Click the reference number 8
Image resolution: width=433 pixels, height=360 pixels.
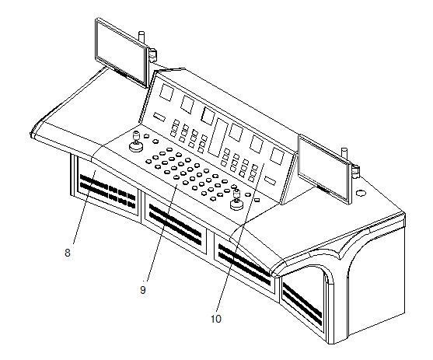click(68, 253)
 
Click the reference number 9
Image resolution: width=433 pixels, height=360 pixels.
click(143, 290)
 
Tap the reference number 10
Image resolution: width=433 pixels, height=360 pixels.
click(216, 319)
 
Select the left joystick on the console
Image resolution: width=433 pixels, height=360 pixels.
click(136, 142)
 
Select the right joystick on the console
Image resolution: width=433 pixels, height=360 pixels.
click(236, 200)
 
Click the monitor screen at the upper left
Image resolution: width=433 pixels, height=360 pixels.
click(121, 53)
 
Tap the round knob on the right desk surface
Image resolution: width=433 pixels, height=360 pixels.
click(361, 193)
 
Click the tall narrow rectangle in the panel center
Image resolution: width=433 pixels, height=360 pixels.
click(218, 138)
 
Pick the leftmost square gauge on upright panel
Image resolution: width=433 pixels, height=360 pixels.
click(167, 92)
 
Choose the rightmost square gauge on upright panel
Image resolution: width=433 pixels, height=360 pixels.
click(277, 156)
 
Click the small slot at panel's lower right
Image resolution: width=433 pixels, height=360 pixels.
click(270, 180)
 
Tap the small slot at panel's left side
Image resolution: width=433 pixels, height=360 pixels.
click(159, 117)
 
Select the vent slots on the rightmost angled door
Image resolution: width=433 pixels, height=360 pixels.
click(302, 303)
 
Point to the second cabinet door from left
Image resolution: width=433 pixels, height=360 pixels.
click(176, 223)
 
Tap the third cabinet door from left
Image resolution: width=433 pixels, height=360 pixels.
click(244, 263)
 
